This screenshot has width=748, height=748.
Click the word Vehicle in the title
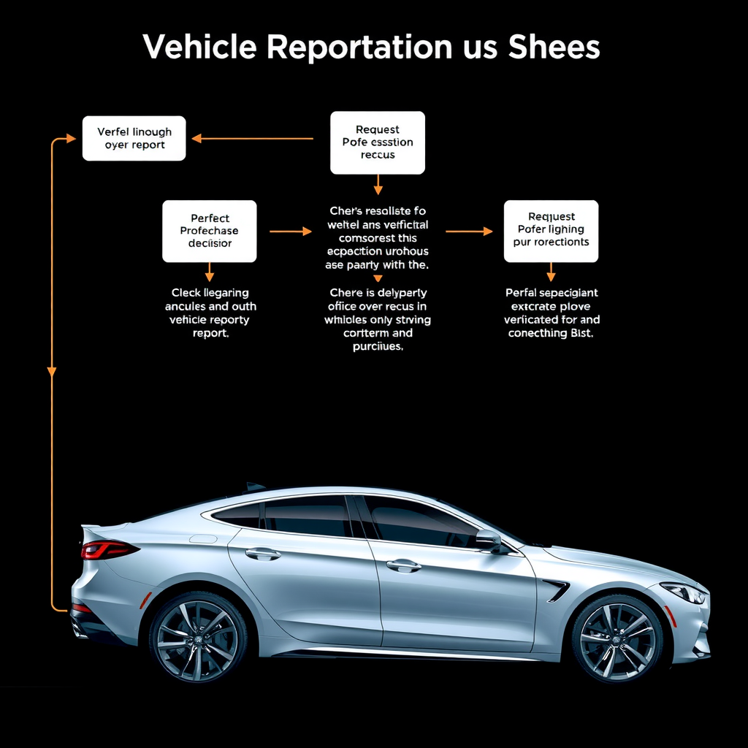tap(199, 47)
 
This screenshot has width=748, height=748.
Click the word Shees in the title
tap(554, 47)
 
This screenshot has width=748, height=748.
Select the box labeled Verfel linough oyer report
tap(134, 138)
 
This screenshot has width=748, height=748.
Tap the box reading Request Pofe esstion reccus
tap(377, 142)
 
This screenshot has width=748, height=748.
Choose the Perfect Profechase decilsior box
tap(209, 231)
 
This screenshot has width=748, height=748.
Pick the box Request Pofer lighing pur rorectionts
tap(551, 230)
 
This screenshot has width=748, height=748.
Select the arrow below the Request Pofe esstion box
tap(378, 185)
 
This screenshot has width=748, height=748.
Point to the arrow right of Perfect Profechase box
tap(291, 231)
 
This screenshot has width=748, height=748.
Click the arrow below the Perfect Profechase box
tap(210, 272)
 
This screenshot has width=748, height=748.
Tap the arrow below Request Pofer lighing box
tap(551, 272)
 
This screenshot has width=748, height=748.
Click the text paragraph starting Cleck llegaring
tap(210, 313)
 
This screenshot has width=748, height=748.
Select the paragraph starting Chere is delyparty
tap(378, 319)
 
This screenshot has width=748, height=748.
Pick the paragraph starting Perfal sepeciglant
tap(552, 313)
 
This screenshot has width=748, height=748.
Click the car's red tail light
tap(107, 549)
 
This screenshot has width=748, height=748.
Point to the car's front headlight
tap(684, 592)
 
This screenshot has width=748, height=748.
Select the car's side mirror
tap(490, 541)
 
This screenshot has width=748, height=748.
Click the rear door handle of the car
tap(262, 554)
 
